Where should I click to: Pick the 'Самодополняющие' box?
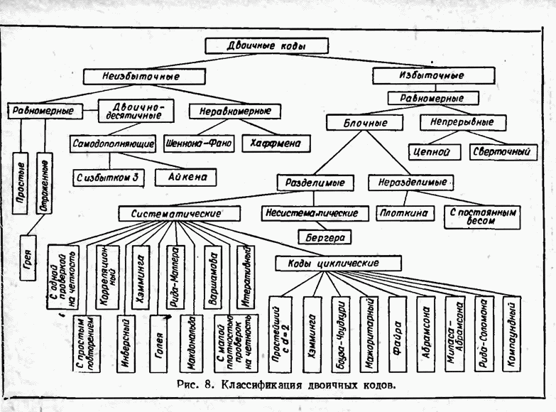[114, 143]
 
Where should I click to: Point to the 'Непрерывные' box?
[462, 122]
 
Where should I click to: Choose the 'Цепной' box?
[435, 151]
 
